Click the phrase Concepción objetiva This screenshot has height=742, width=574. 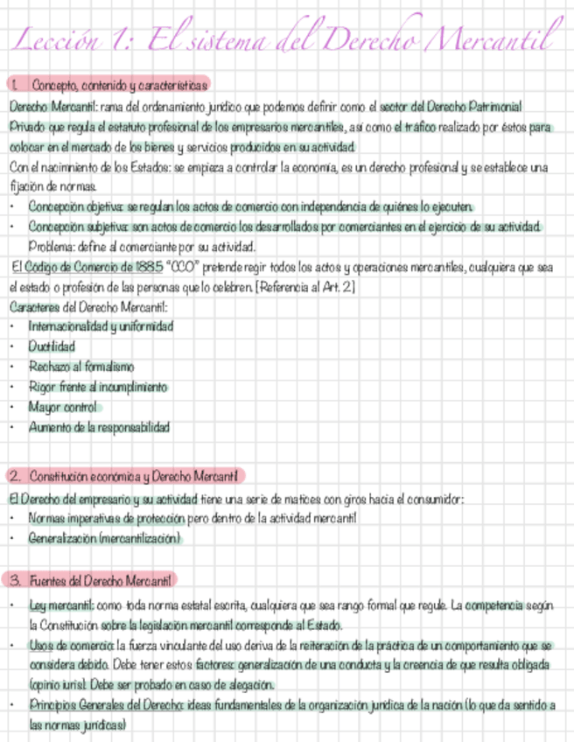(x=75, y=206)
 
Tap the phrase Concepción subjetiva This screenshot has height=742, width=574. (x=77, y=227)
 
